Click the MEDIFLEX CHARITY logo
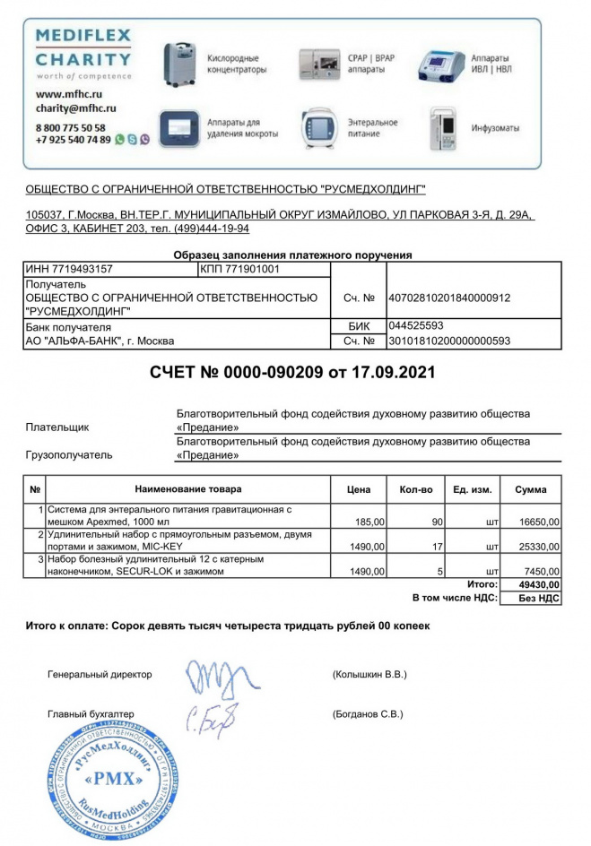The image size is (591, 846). (x=83, y=54)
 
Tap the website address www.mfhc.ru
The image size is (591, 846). (x=68, y=93)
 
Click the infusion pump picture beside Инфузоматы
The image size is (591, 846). (x=445, y=128)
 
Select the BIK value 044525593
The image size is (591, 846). (x=416, y=325)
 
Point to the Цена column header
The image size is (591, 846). (x=359, y=489)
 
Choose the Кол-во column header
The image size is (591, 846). (x=415, y=489)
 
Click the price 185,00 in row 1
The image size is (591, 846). (x=370, y=521)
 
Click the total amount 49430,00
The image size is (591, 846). (x=540, y=584)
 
